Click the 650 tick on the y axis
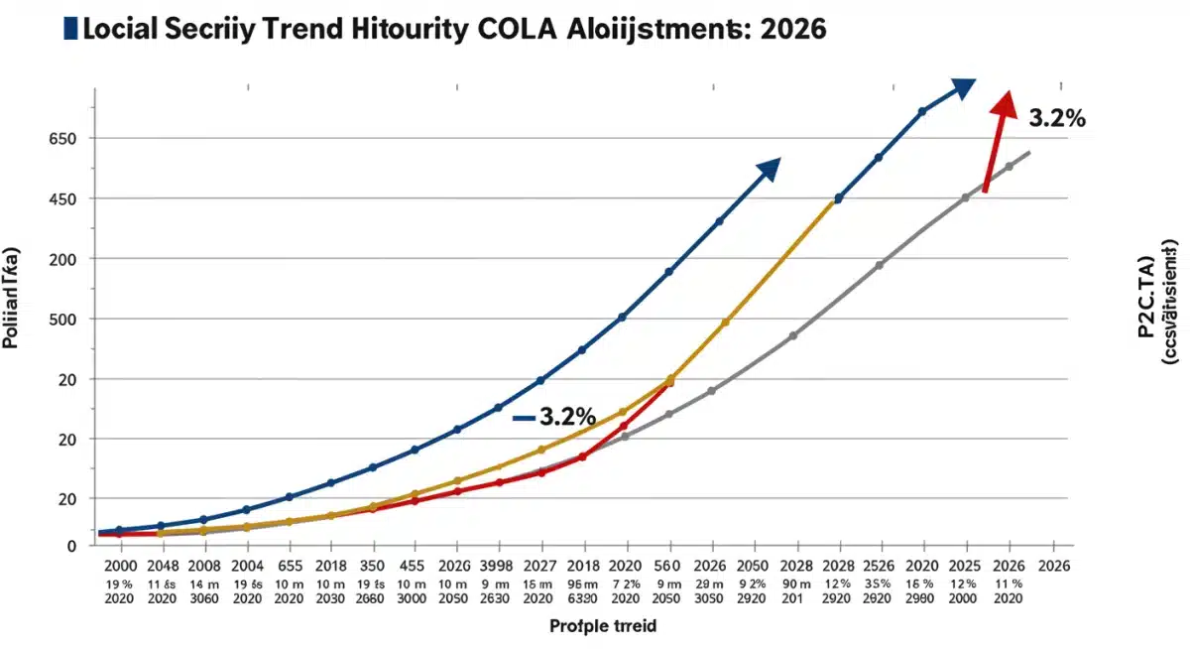coord(62,139)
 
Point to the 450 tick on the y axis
coord(62,199)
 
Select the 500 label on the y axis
coord(62,320)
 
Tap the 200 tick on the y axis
coord(62,259)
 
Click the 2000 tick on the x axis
coord(120,564)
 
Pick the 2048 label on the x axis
coord(162,564)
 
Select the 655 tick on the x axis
coord(289,564)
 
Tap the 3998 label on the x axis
coord(498,564)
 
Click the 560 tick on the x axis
coord(667,564)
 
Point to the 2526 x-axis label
coord(882,564)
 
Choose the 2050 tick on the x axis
coord(754,564)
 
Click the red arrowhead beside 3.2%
coord(1006,103)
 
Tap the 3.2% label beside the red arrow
coord(1057,118)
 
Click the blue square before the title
coord(68,28)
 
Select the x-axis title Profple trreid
coord(603,626)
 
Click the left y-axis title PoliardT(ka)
coord(11,298)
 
